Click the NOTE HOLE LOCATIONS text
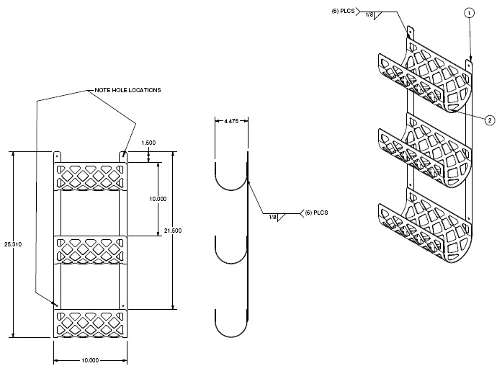click(x=127, y=90)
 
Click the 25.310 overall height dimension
click(x=13, y=244)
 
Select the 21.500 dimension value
click(x=173, y=231)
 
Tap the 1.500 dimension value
click(x=148, y=143)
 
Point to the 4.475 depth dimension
click(x=231, y=121)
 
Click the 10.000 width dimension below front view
click(x=90, y=360)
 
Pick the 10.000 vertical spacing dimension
click(x=158, y=199)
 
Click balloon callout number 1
click(x=469, y=13)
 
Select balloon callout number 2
click(x=490, y=120)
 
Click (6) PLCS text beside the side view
click(x=316, y=213)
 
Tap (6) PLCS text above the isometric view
click(x=344, y=11)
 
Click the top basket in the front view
click(x=90, y=177)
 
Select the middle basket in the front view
click(x=90, y=250)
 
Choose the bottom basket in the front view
click(x=90, y=323)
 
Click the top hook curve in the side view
click(x=231, y=189)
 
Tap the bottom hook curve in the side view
click(x=231, y=336)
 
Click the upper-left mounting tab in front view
click(x=57, y=157)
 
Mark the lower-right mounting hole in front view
click(x=123, y=305)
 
